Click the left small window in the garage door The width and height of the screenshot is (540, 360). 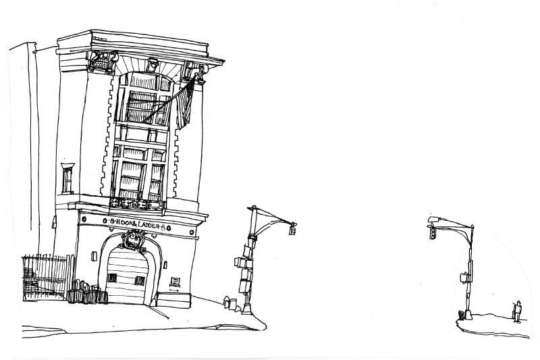coord(112,277)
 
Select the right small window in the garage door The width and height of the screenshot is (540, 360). coord(139,280)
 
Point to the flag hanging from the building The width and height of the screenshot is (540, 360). coord(186,101)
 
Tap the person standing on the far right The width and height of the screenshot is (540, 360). coord(518,311)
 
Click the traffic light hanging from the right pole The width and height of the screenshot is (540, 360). coord(431,233)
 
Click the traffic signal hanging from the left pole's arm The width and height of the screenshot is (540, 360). coord(293,230)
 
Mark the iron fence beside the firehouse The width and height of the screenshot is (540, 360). coord(46,277)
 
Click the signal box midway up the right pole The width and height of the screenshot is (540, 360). coord(464,276)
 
